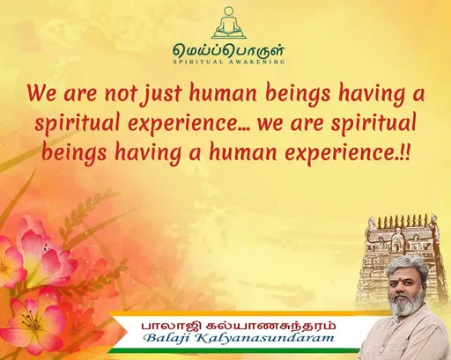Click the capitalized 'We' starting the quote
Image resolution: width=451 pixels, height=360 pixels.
(x=41, y=92)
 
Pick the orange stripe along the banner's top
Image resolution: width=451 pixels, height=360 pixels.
(x=247, y=312)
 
